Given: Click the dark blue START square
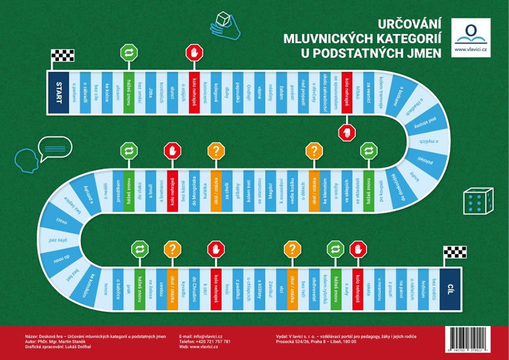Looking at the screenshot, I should (x=58, y=92).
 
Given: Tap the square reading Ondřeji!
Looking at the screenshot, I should (x=251, y=92).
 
